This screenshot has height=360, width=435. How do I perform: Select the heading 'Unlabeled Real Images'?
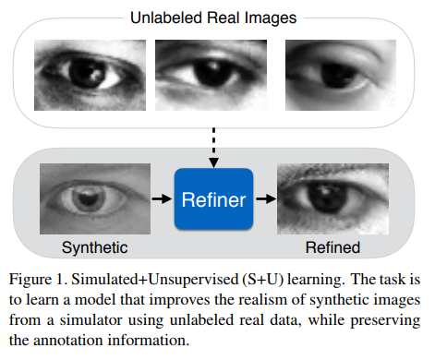coord(214,17)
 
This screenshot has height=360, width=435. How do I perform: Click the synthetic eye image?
coord(94,198)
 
